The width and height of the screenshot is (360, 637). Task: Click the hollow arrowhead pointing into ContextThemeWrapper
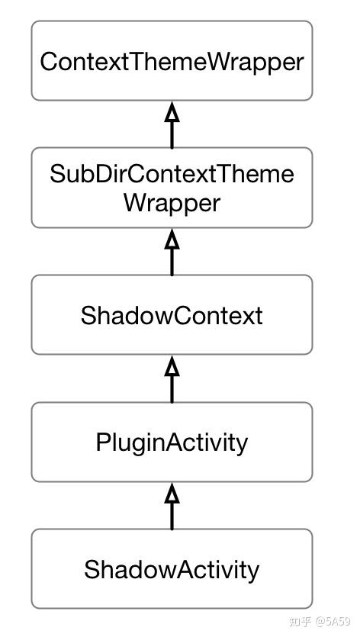tap(172, 112)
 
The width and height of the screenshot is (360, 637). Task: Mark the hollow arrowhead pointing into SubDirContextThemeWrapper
tap(172, 240)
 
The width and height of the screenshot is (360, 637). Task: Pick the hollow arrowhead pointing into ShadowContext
tap(172, 367)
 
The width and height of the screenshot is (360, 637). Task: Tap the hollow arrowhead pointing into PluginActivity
tap(172, 494)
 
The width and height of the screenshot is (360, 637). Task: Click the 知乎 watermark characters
tap(300, 621)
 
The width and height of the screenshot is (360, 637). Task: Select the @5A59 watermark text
tap(333, 621)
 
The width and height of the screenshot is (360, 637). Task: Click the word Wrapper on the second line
tap(172, 203)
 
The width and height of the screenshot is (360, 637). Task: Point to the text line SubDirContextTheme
tap(172, 174)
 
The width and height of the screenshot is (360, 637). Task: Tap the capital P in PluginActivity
tap(103, 442)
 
